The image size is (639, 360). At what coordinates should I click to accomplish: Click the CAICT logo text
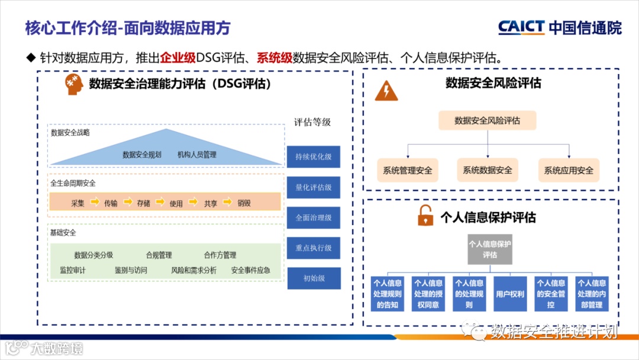(x=521, y=27)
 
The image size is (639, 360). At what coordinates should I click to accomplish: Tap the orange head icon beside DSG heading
(x=72, y=84)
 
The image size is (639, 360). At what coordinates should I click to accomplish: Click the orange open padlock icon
(x=425, y=217)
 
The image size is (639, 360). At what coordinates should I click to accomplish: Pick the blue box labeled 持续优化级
(x=314, y=157)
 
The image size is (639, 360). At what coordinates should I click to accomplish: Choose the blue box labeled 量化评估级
(x=314, y=187)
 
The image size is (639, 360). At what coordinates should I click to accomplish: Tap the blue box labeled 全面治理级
(x=314, y=217)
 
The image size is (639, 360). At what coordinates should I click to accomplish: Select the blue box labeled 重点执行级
(x=314, y=248)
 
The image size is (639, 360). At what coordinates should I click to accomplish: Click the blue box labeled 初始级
(x=314, y=278)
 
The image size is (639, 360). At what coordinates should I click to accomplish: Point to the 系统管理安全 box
(x=407, y=171)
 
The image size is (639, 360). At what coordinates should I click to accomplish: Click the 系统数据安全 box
(x=488, y=170)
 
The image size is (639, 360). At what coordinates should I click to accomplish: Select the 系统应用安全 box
(x=569, y=171)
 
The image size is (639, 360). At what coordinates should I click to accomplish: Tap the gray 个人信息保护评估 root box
(x=489, y=249)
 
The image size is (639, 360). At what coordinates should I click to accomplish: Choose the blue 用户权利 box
(x=509, y=294)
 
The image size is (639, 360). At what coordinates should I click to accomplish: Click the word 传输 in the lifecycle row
(x=111, y=203)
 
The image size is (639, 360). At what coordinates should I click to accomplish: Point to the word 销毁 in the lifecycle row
(x=244, y=203)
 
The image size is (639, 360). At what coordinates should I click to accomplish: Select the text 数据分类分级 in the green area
(x=93, y=255)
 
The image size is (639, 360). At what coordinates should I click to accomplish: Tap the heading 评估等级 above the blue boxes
(x=312, y=123)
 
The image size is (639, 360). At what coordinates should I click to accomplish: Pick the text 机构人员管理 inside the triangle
(x=197, y=155)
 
